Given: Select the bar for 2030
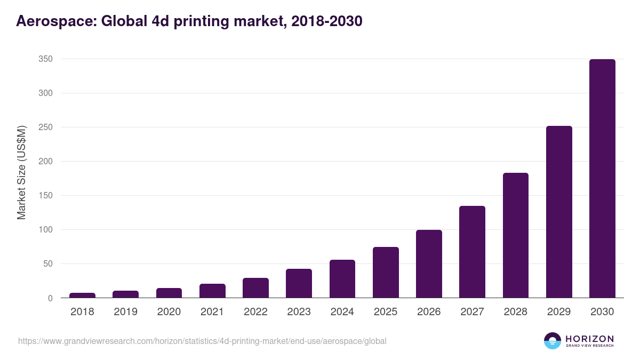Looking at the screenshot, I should pyautogui.click(x=602, y=179).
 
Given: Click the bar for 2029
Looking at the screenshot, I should pyautogui.click(x=559, y=212).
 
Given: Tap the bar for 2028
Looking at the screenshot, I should pyautogui.click(x=515, y=235).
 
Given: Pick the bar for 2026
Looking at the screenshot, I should pyautogui.click(x=429, y=264).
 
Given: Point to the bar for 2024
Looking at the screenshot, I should pyautogui.click(x=342, y=279).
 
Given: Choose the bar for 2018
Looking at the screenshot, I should pyautogui.click(x=82, y=295).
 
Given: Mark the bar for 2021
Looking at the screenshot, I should pyautogui.click(x=212, y=291).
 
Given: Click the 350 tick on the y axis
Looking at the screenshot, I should pyautogui.click(x=45, y=59).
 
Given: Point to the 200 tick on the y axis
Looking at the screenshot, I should pyautogui.click(x=45, y=162).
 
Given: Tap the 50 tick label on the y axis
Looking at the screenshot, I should pyautogui.click(x=47, y=264).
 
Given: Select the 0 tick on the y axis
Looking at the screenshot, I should pyautogui.click(x=50, y=298).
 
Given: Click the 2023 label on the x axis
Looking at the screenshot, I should pyautogui.click(x=299, y=312).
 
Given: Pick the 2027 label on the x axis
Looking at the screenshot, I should pyautogui.click(x=472, y=312).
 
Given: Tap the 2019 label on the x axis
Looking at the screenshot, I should pyautogui.click(x=125, y=312).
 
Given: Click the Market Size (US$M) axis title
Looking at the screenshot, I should pyautogui.click(x=21, y=172).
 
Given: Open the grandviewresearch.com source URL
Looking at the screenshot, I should pyautogui.click(x=202, y=341).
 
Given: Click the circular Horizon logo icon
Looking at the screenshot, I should pyautogui.click(x=553, y=341).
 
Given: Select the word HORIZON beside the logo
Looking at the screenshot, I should pyautogui.click(x=589, y=338).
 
